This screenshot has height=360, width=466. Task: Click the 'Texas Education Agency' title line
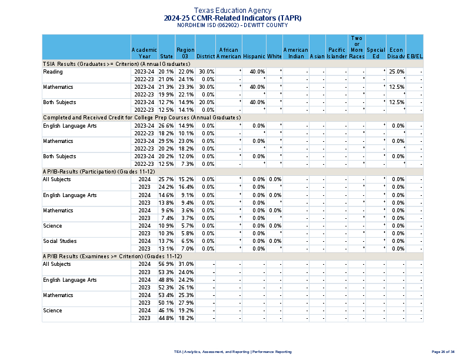[x=232, y=11]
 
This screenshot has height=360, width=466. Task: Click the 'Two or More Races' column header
[x=357, y=47]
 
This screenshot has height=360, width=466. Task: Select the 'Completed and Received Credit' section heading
[x=118, y=118]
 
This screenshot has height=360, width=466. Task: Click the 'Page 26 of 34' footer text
[x=442, y=351]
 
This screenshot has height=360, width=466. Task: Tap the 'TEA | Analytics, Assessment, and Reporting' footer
[x=232, y=351]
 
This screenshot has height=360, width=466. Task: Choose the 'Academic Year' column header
[x=144, y=53]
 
